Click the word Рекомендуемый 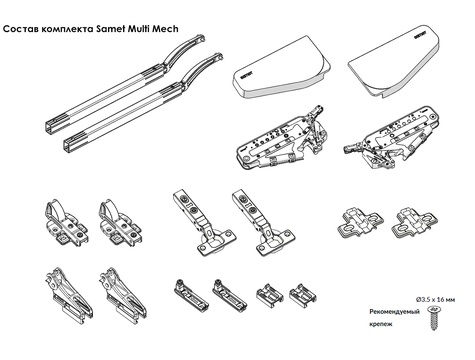coord(394,312)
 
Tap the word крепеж coord(381,324)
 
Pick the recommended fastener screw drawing coord(433,319)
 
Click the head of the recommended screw coord(433,311)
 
